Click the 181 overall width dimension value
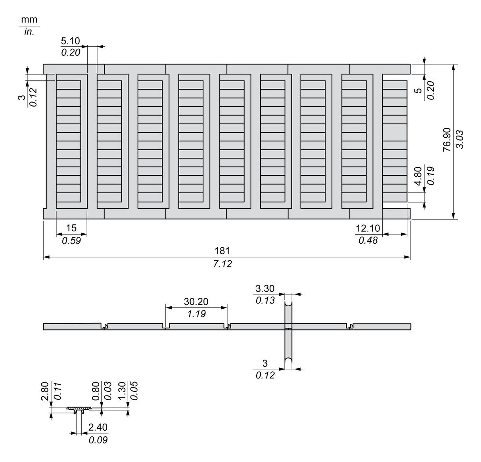coord(222,251)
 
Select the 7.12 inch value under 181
coord(222,264)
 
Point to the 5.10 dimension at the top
coord(71,40)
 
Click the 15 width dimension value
coord(71,228)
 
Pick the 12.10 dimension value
coord(368,228)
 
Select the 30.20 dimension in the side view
coord(196,302)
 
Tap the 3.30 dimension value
coord(265,288)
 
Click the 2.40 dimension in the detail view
coord(98,427)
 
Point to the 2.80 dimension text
coord(44,391)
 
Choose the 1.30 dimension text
coord(122,391)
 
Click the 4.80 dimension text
coord(418,175)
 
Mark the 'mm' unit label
coord(29,20)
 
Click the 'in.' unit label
coord(29,32)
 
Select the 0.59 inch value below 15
coord(71,241)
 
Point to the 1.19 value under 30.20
coord(196,314)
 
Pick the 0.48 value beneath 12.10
coord(368,241)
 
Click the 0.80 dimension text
coord(96,391)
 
